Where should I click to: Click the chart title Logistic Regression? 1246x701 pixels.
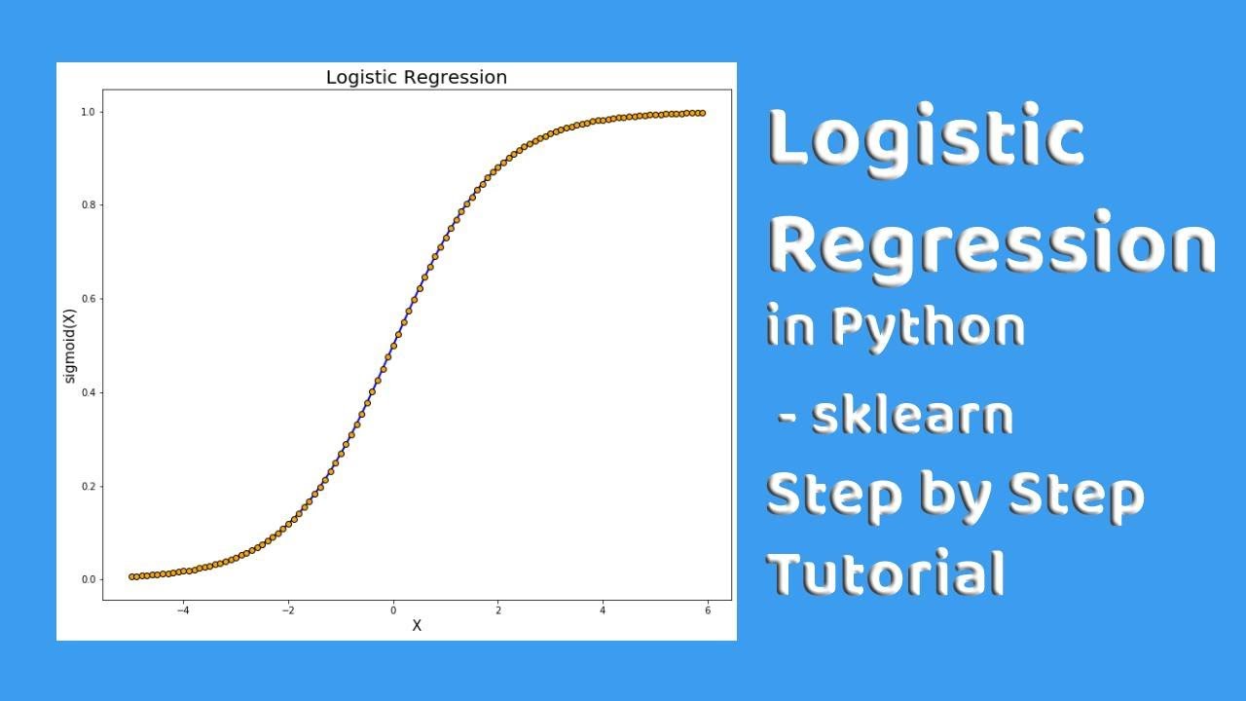tap(416, 77)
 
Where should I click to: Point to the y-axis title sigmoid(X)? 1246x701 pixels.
tap(70, 346)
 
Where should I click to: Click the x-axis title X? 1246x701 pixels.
tap(417, 626)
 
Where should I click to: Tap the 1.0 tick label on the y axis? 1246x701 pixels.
tap(89, 112)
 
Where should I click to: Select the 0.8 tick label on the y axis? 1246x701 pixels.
tap(89, 205)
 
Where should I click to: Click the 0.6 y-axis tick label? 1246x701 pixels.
tap(89, 299)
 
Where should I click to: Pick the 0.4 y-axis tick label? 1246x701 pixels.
tap(89, 392)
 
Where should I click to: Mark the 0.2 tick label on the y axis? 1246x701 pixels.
tap(89, 486)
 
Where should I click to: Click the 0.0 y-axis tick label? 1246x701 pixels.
tap(89, 579)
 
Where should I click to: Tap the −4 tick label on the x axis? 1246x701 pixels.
tap(182, 610)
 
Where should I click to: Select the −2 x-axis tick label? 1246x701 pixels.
tap(287, 610)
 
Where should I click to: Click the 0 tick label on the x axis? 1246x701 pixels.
tap(393, 610)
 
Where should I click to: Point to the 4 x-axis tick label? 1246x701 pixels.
tap(603, 610)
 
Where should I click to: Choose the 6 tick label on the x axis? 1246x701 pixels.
tap(708, 610)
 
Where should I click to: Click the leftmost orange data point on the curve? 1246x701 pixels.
tap(132, 576)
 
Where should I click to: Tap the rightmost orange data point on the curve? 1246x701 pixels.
tap(702, 113)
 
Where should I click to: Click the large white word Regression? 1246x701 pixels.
tap(991, 243)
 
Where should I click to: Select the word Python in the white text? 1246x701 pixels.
tap(927, 327)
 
